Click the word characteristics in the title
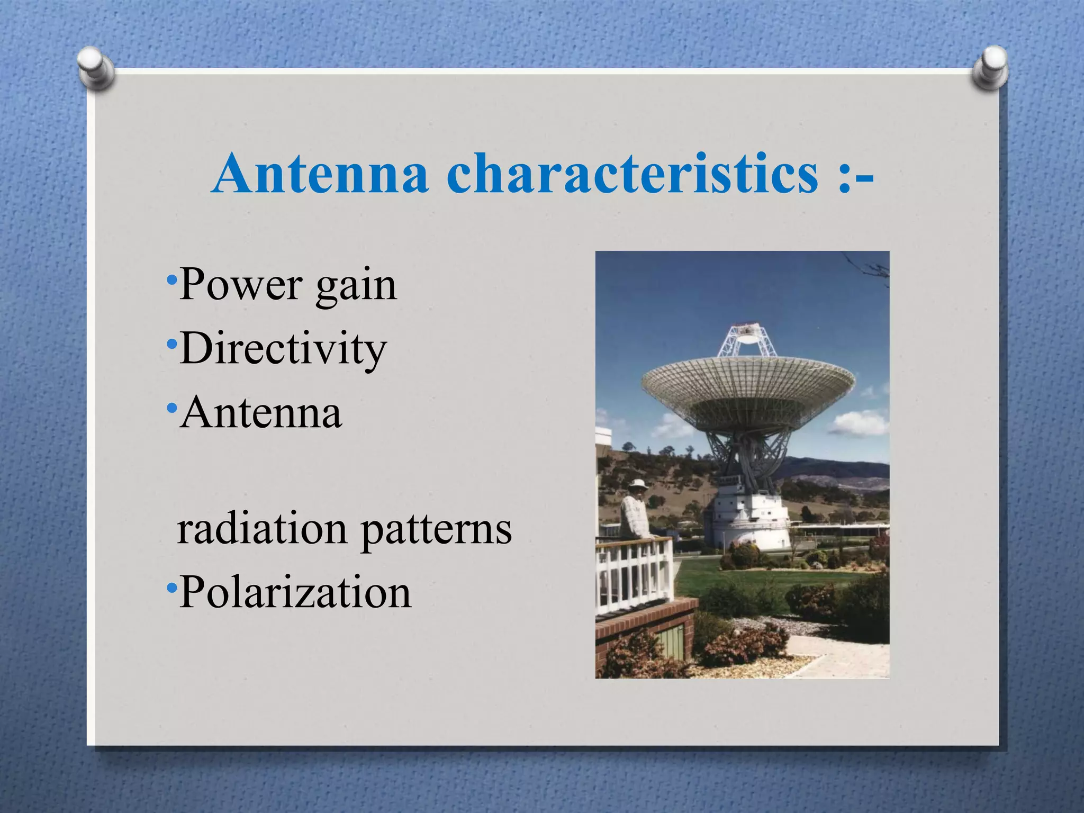pyautogui.click(x=633, y=174)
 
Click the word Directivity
pyautogui.click(x=283, y=350)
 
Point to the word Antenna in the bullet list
pyautogui.click(x=261, y=412)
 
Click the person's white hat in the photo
pyautogui.click(x=638, y=484)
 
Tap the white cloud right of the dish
pyautogui.click(x=860, y=423)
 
